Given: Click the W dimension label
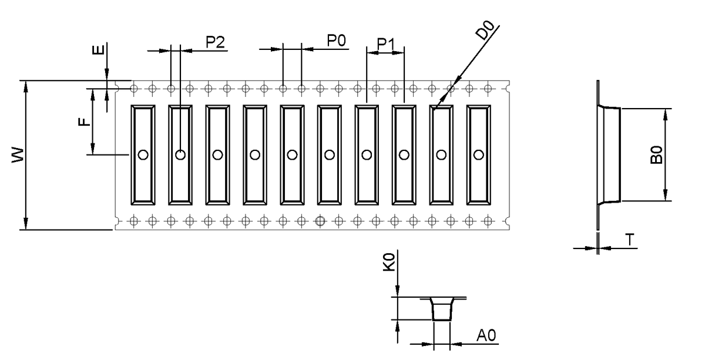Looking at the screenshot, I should (18, 155).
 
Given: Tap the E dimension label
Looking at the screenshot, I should (100, 47).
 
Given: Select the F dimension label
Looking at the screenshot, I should (85, 122).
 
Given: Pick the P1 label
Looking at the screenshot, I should (387, 43).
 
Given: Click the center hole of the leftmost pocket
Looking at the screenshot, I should (143, 155).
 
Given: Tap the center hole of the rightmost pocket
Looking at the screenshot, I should (478, 155).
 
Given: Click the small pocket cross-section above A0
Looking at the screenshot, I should (442, 309).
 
